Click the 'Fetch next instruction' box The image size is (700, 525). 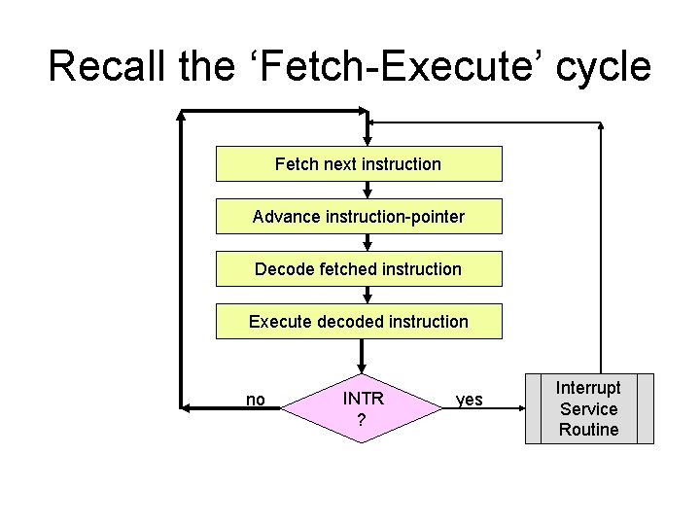pyautogui.click(x=358, y=164)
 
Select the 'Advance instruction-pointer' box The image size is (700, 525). pyautogui.click(x=358, y=217)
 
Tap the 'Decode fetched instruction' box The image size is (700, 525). pyautogui.click(x=358, y=269)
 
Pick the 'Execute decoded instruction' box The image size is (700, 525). pyautogui.click(x=358, y=322)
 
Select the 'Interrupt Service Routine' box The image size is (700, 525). pyautogui.click(x=588, y=408)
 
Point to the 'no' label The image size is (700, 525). pyautogui.click(x=256, y=400)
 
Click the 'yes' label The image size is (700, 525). pyautogui.click(x=469, y=400)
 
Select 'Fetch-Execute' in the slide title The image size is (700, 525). pyautogui.click(x=383, y=66)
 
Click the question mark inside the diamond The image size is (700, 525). pyautogui.click(x=362, y=420)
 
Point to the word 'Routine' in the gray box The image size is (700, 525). pyautogui.click(x=588, y=430)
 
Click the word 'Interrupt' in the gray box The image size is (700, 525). pyautogui.click(x=588, y=387)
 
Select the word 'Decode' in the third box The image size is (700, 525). pyautogui.click(x=284, y=269)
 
